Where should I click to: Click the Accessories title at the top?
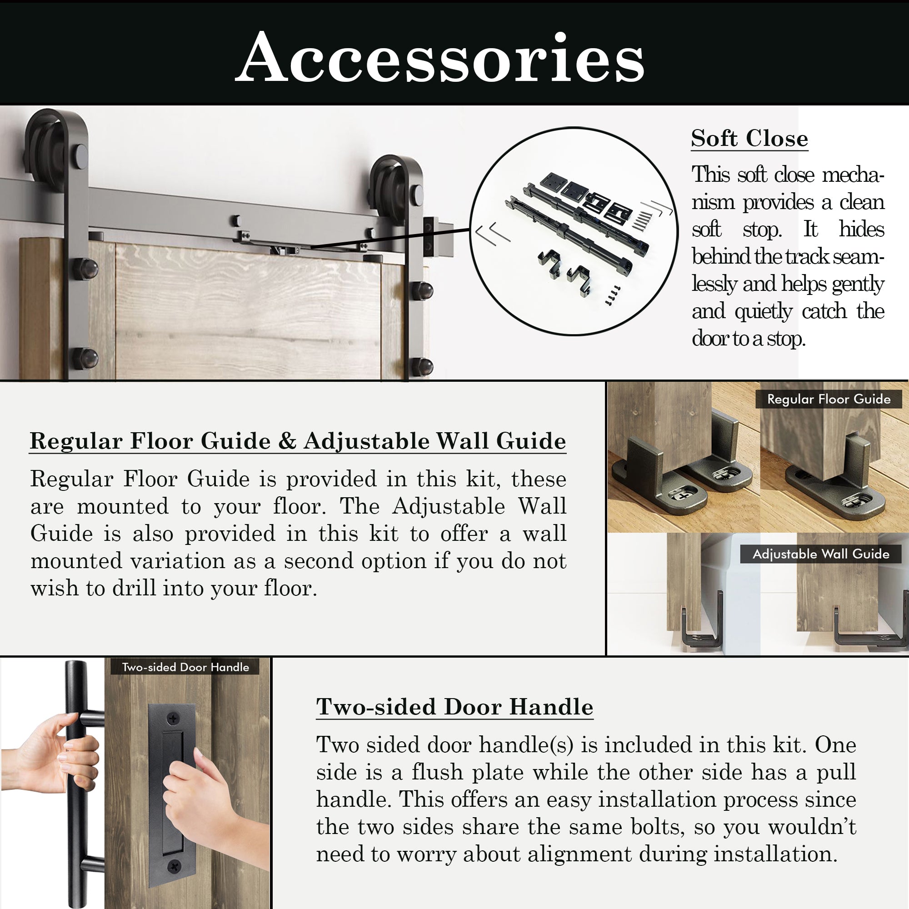440,57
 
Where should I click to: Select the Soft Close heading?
749,139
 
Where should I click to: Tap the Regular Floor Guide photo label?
829,400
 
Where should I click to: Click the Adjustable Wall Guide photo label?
820,554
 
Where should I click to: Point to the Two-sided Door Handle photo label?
185,667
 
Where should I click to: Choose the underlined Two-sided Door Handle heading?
454,707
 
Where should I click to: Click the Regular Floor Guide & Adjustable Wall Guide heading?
298,441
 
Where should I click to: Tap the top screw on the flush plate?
174,719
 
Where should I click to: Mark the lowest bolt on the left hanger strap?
85,359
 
